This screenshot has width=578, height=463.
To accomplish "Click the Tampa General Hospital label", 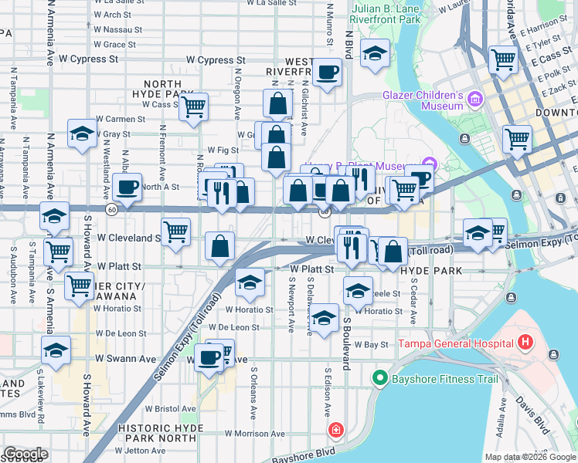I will pos(455,343).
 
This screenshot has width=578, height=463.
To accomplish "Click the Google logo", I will pos(25,454).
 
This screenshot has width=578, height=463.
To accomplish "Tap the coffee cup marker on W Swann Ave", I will pos(209,357).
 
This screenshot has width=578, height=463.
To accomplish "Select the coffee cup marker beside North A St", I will pos(127,186).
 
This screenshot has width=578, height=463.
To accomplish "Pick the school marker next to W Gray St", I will pos(82,133).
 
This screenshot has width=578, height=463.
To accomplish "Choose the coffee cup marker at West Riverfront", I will pos(327,73).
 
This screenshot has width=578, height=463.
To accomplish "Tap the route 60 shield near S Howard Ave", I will pos(112,209).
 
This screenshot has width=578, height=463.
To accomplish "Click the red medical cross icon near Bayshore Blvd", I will pos(336,431).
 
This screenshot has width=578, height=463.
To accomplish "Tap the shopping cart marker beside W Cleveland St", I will pos(176,230).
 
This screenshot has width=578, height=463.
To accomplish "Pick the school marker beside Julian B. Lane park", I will pos(376,53).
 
